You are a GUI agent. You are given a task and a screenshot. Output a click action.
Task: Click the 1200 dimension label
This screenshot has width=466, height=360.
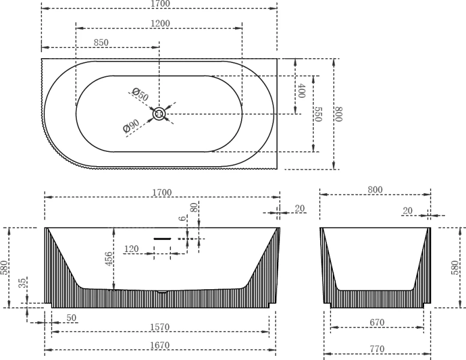click(x=161, y=23)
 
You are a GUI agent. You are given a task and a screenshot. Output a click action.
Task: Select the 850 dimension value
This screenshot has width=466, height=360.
click(x=101, y=43)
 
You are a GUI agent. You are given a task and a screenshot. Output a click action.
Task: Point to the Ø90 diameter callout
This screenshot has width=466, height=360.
click(x=131, y=125)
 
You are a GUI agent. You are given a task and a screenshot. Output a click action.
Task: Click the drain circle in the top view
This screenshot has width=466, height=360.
click(x=160, y=113)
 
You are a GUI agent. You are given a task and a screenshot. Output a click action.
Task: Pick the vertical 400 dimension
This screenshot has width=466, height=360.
click(x=302, y=91)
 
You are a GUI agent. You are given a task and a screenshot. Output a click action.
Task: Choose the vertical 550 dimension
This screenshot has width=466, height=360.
click(x=318, y=114)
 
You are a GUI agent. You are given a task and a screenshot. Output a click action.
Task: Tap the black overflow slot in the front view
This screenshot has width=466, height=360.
click(x=163, y=238)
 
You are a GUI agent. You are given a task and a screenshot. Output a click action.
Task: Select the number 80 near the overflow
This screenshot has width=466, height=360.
click(x=194, y=208)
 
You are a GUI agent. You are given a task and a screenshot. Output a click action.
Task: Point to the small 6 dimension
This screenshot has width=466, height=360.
click(x=182, y=220)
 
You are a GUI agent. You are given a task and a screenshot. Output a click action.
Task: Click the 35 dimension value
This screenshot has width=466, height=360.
click(x=22, y=283)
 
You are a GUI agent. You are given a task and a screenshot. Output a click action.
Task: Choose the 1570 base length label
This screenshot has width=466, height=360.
click(x=161, y=327)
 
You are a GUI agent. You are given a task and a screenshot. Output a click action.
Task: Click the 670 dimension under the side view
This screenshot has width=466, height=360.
click(x=377, y=323)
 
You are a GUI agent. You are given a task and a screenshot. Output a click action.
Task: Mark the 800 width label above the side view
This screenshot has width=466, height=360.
click(x=375, y=190)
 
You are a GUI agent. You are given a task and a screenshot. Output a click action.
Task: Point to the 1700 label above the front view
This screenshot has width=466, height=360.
click(x=162, y=193)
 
